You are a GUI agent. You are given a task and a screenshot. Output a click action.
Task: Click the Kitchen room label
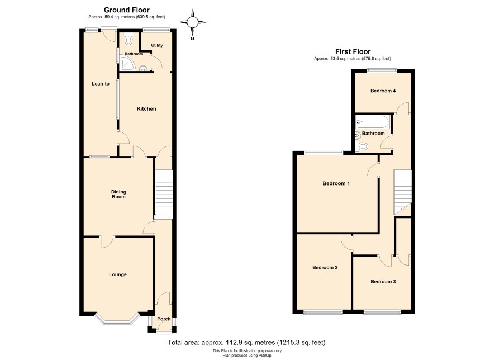[x=146, y=108]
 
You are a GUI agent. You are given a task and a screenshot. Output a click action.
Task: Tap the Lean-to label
[x=101, y=84]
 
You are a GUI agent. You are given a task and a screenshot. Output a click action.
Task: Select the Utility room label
[x=157, y=45]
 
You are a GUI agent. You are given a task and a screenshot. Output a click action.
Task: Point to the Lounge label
[x=118, y=274]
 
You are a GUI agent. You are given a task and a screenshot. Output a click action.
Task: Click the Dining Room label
[x=118, y=194]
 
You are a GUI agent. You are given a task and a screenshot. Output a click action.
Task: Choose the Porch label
[x=164, y=319]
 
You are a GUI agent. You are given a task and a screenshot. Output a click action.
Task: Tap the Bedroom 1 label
[x=336, y=183]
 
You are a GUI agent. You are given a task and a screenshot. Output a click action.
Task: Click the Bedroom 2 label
[x=325, y=267]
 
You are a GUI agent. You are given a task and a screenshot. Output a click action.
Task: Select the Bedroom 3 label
[x=383, y=282]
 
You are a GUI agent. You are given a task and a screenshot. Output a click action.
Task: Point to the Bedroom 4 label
[x=383, y=91]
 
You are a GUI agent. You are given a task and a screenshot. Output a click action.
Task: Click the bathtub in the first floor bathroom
[x=373, y=122]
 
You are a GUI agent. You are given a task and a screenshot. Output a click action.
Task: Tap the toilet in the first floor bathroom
[x=362, y=146]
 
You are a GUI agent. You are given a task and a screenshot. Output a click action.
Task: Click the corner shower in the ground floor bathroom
[x=127, y=64]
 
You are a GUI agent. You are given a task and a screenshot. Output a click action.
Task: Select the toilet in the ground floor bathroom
[x=128, y=39]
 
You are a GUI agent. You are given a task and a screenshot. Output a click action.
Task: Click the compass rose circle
[x=192, y=22]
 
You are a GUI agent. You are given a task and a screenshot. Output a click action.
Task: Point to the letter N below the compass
[x=192, y=39]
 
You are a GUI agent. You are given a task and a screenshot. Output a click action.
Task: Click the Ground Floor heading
[x=127, y=10]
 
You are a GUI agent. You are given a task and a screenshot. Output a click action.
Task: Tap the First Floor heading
[x=353, y=51]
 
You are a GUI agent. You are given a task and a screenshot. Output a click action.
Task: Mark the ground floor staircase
[x=164, y=195]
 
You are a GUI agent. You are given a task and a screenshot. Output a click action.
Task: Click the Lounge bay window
[x=117, y=319]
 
